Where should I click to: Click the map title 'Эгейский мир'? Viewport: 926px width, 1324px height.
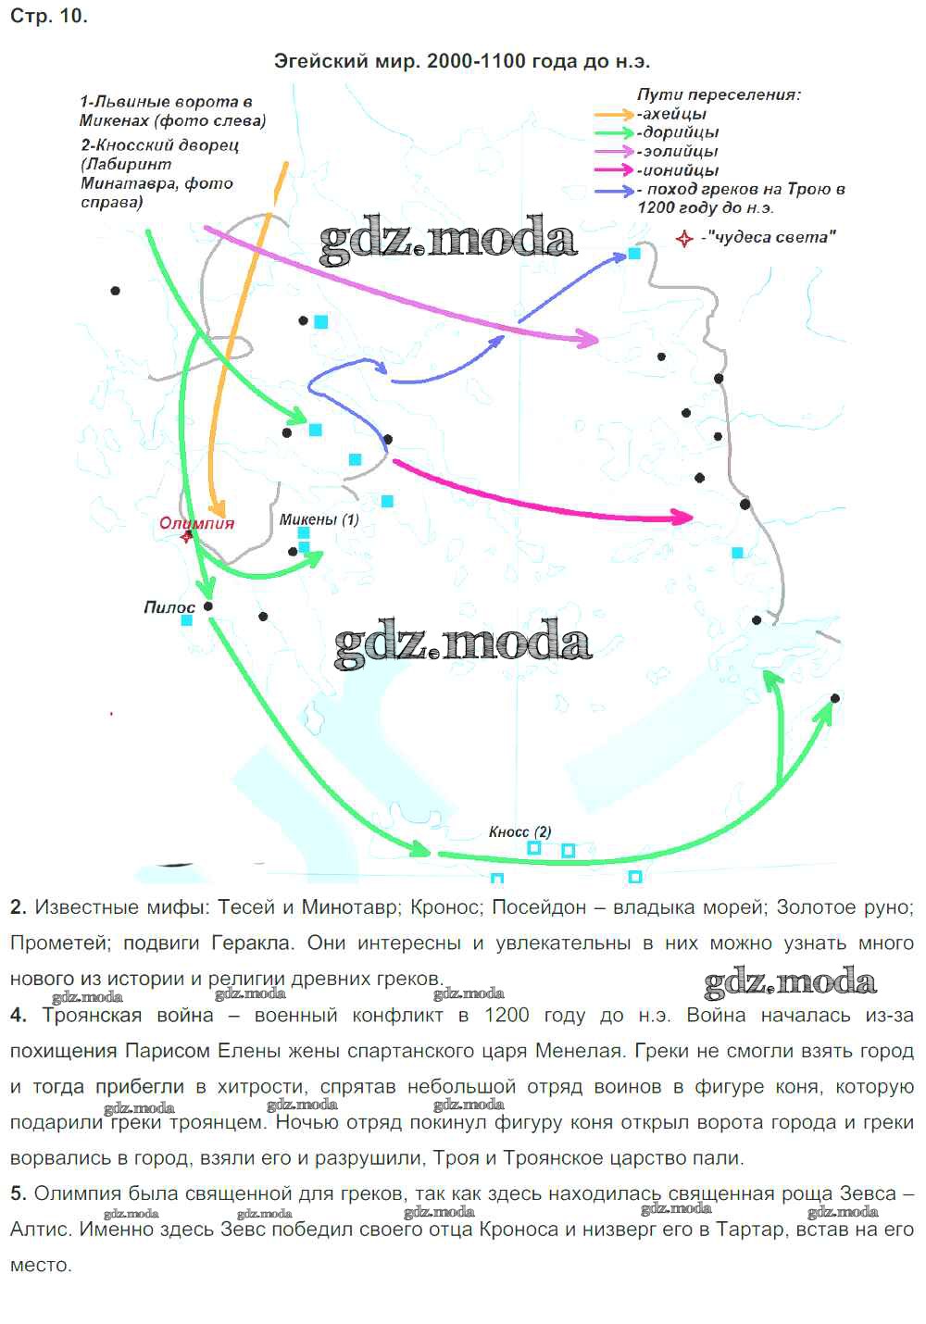(346, 61)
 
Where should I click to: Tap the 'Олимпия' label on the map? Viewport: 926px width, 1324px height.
(197, 523)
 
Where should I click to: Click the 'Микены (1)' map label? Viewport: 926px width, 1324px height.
(319, 519)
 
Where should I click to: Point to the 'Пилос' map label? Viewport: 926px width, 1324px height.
(169, 607)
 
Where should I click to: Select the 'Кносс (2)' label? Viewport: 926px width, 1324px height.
(519, 831)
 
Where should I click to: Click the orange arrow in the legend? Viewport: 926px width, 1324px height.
(614, 115)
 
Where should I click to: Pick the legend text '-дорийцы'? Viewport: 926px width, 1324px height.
(678, 132)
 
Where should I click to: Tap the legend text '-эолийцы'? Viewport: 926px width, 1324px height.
(677, 151)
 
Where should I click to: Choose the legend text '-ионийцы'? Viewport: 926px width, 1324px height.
(678, 170)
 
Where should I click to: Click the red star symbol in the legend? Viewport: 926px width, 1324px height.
(684, 239)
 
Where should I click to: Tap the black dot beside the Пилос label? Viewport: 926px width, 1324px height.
(208, 606)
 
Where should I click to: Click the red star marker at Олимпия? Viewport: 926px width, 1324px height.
(187, 537)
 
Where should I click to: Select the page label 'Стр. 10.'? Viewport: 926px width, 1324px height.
(49, 16)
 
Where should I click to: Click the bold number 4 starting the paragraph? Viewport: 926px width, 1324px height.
(18, 1015)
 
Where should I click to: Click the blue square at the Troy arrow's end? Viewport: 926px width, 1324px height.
(634, 254)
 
